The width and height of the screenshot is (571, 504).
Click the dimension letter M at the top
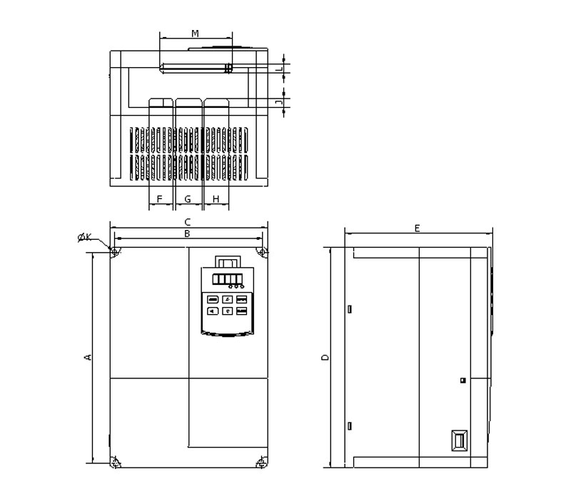click(195, 34)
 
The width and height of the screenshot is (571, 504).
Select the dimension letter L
click(279, 69)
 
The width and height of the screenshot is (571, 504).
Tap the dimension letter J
click(279, 102)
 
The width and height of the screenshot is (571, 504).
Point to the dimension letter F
click(159, 199)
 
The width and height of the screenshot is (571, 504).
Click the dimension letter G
click(188, 199)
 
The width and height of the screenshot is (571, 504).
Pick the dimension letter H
click(216, 199)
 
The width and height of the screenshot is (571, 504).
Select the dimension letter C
click(188, 222)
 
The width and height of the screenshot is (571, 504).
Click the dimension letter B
click(187, 233)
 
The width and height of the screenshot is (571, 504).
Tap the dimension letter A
click(88, 357)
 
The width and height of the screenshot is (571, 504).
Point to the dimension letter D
click(325, 357)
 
